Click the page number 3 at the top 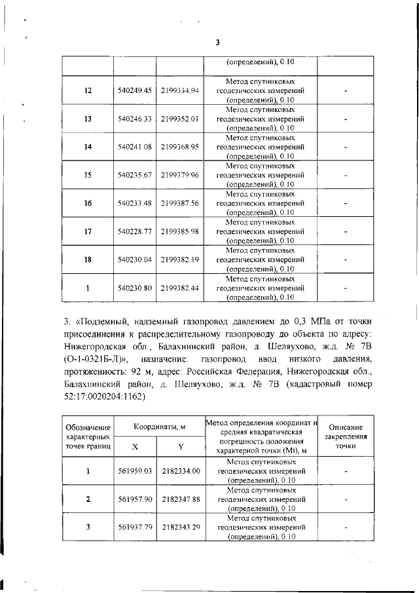click(x=217, y=43)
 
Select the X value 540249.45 click(x=135, y=90)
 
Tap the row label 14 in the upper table click(x=88, y=147)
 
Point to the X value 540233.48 click(x=135, y=204)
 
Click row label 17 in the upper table click(x=88, y=232)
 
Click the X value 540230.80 click(x=135, y=288)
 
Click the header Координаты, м click(x=160, y=427)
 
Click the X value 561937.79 click(x=135, y=527)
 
